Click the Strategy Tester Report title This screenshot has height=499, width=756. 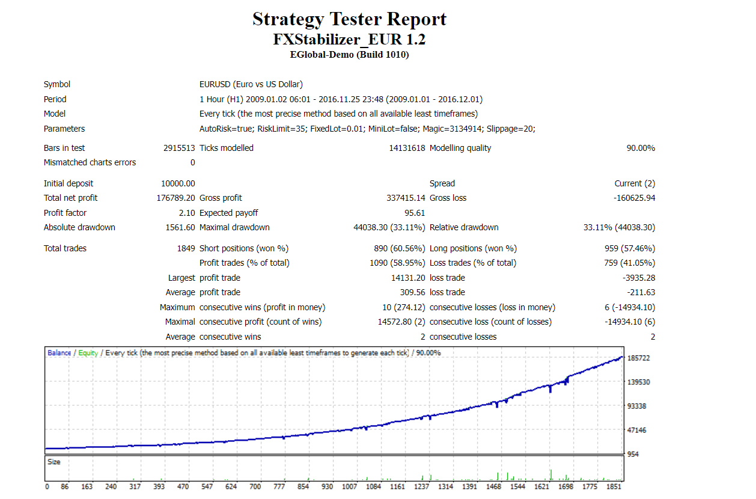tap(349, 19)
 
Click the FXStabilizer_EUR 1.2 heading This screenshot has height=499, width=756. tap(349, 40)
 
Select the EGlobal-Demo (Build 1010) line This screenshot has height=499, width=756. tap(349, 55)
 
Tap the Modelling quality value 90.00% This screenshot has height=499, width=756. tap(641, 148)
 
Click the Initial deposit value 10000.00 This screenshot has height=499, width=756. tap(178, 183)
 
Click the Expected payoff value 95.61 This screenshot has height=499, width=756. tap(415, 213)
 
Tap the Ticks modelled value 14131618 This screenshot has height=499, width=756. tap(407, 148)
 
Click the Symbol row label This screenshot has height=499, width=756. tap(57, 85)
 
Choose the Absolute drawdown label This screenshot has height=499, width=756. tap(79, 227)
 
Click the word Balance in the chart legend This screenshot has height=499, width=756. tap(59, 353)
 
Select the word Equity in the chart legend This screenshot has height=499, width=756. tap(88, 353)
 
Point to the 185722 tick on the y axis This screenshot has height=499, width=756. tap(639, 358)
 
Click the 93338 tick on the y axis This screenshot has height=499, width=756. tap(637, 406)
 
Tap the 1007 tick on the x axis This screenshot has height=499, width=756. tap(350, 486)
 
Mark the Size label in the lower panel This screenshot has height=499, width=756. tap(54, 462)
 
